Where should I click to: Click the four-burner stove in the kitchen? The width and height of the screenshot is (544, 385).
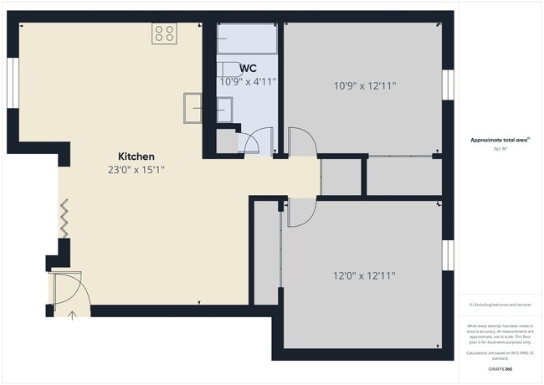tap(164, 33)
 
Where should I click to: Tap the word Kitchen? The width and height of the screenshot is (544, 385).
tap(136, 157)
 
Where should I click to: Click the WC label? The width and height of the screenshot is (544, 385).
tap(248, 69)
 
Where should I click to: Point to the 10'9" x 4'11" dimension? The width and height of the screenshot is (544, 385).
tap(248, 82)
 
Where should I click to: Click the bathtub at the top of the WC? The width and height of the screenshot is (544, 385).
tap(247, 38)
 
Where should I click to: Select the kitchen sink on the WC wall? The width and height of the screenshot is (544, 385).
tap(193, 109)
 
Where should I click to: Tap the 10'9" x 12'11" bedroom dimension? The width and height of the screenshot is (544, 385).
tap(364, 85)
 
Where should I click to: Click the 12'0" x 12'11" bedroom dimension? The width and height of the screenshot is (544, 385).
tap(364, 275)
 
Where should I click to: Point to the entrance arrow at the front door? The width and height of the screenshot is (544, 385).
tap(72, 315)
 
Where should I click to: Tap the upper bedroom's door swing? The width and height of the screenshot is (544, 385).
tap(300, 141)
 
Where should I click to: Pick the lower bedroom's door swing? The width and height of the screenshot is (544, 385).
tap(300, 212)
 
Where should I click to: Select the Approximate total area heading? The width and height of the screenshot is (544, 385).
tap(500, 139)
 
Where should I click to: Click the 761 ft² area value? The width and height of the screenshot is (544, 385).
tap(500, 148)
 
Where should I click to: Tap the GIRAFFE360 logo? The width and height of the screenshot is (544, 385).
tap(500, 368)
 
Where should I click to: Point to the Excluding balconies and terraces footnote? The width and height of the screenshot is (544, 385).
tap(500, 305)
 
